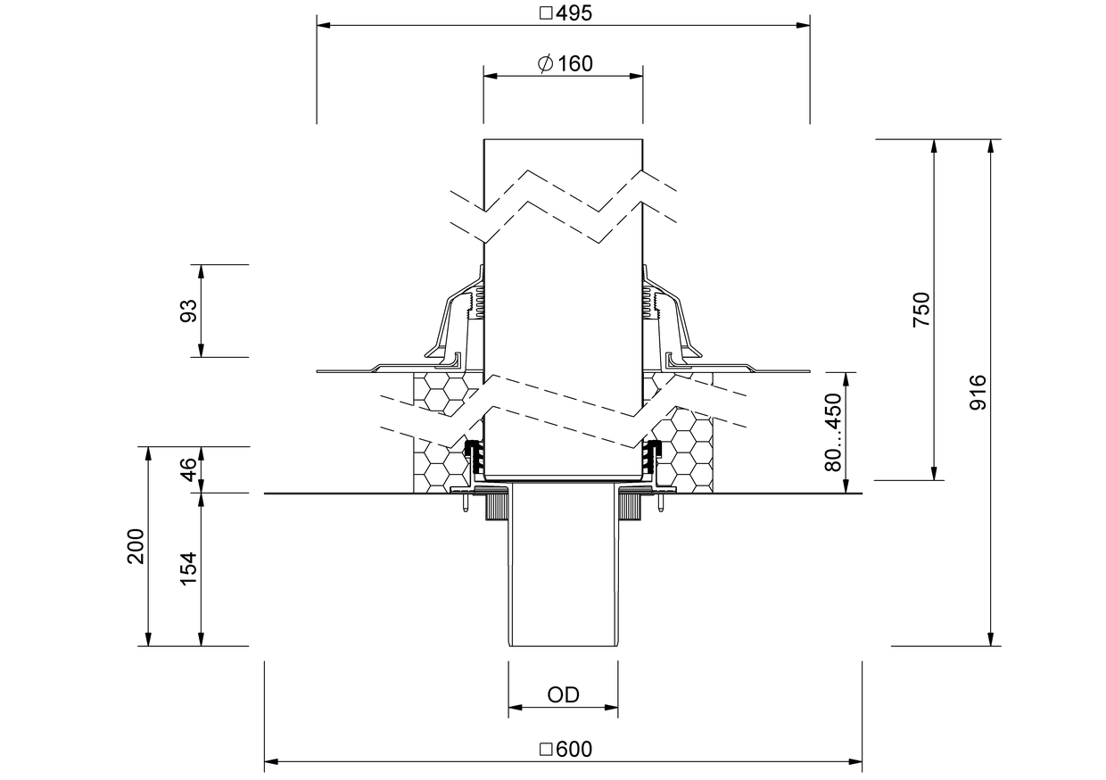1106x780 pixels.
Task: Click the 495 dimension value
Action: (574, 13)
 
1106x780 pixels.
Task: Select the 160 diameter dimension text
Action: (574, 63)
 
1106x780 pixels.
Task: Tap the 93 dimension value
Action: (188, 311)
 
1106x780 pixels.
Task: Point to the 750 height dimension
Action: (920, 310)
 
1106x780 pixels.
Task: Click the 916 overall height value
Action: (978, 392)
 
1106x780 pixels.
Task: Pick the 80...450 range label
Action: (833, 432)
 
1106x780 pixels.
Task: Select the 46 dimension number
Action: (188, 469)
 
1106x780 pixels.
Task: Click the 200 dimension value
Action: (136, 546)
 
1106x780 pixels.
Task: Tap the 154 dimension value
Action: (188, 569)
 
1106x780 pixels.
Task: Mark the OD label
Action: (563, 695)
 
